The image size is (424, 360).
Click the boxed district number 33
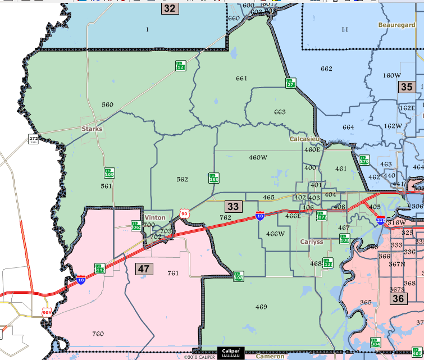click(x=233, y=206)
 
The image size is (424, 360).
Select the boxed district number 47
click(x=144, y=268)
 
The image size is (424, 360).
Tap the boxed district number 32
click(x=170, y=8)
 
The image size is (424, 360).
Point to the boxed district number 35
click(x=406, y=86)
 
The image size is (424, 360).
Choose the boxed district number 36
click(x=398, y=298)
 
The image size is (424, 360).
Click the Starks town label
click(x=92, y=129)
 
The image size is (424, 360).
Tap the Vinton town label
click(x=155, y=217)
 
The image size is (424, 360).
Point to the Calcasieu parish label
click(x=304, y=139)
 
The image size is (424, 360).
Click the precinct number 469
click(x=261, y=307)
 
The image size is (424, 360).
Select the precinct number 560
click(x=107, y=104)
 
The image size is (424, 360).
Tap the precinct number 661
click(x=241, y=78)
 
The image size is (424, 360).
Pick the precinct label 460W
click(x=258, y=157)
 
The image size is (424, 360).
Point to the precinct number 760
click(x=98, y=334)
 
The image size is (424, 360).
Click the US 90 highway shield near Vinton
click(x=184, y=213)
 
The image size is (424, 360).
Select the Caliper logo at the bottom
click(x=231, y=352)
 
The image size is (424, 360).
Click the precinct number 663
click(x=280, y=112)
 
